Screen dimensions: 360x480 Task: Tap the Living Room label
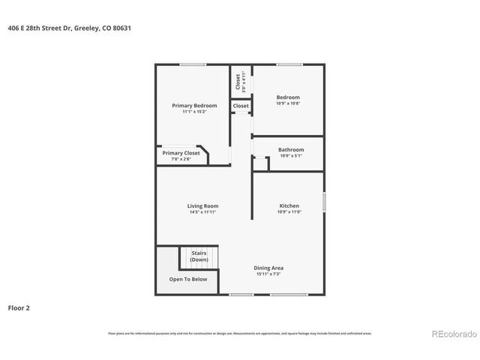click(202, 205)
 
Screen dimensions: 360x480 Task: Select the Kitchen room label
click(289, 205)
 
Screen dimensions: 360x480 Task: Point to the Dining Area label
click(268, 268)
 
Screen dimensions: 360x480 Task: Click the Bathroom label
click(291, 149)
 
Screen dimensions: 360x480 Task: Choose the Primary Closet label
click(181, 153)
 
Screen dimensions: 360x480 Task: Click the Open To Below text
click(188, 279)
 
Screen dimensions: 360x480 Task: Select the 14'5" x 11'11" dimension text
click(202, 212)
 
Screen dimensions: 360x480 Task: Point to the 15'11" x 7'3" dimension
click(268, 274)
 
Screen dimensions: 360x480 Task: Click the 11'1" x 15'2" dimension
click(194, 112)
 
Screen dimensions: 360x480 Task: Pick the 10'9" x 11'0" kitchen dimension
click(289, 212)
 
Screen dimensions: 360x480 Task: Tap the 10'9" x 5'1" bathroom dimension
click(291, 156)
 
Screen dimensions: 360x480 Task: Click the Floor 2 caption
click(19, 307)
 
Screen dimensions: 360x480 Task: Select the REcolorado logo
click(451, 333)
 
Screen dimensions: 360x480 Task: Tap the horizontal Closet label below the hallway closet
click(241, 106)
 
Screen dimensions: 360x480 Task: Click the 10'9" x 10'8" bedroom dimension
click(288, 103)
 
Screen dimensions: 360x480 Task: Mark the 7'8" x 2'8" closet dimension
click(181, 159)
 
